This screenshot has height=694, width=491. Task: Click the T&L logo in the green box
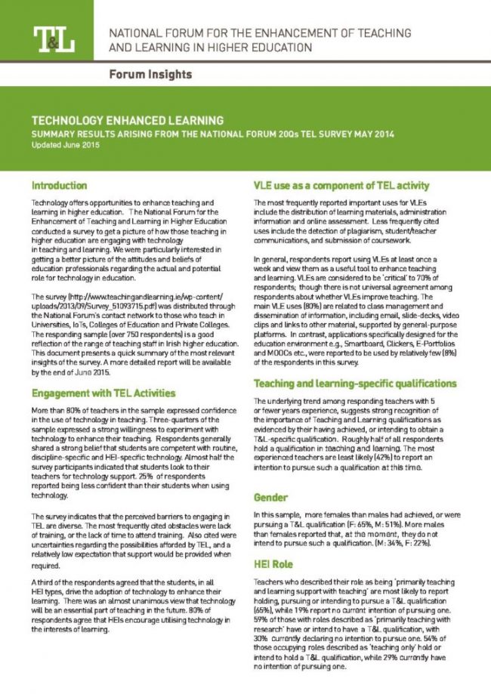click(x=53, y=40)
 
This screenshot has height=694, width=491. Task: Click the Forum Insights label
click(x=150, y=74)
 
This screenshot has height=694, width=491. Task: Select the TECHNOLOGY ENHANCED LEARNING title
click(x=127, y=120)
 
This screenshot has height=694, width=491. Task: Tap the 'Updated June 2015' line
click(x=65, y=143)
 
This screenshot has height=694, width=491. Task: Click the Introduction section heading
click(x=60, y=184)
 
